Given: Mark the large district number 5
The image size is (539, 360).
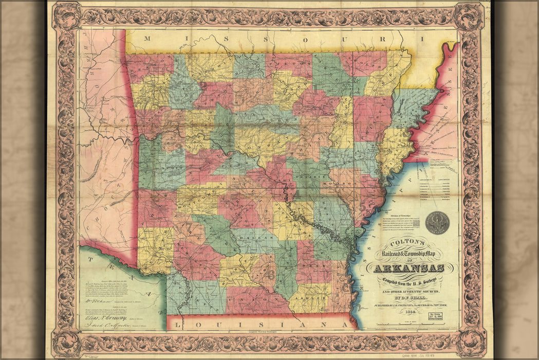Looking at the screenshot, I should [363, 206].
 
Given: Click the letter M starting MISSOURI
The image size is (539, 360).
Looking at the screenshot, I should [147, 39].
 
